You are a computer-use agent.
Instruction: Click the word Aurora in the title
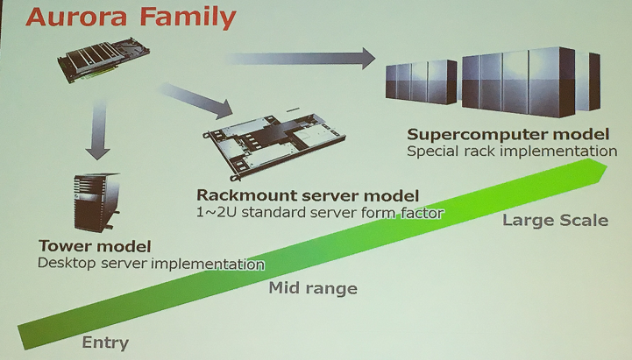pos(76,18)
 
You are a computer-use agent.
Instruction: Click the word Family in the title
pos(188,18)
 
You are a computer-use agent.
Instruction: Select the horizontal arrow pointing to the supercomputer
pos(301,59)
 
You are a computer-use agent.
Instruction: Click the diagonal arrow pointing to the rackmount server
pos(197,101)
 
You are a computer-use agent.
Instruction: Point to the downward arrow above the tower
pos(98,130)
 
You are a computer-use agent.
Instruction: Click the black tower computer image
pos(96,202)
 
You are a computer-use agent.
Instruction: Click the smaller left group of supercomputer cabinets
pos(421,81)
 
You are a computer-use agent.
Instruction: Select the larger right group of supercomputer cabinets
pos(531,82)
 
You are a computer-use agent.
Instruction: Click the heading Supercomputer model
pos(508,134)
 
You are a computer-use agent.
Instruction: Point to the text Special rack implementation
pos(512,152)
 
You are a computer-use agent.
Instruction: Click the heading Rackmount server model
pos(308,195)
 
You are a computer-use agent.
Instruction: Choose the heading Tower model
pos(95,245)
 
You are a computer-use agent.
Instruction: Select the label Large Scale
pos(555,220)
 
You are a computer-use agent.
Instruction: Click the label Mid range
pos(313,288)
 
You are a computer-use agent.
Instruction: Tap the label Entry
pos(105,342)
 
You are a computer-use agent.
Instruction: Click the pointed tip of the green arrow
pos(607,166)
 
